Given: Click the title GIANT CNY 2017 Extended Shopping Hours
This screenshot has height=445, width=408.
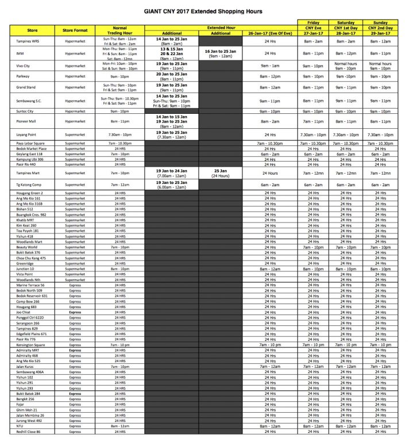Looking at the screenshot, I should tap(204, 11).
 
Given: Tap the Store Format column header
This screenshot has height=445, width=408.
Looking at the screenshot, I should tap(75, 30).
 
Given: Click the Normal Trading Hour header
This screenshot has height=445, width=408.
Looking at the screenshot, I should tap(120, 30).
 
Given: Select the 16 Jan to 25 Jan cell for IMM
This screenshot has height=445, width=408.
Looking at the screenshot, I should tap(220, 53).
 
